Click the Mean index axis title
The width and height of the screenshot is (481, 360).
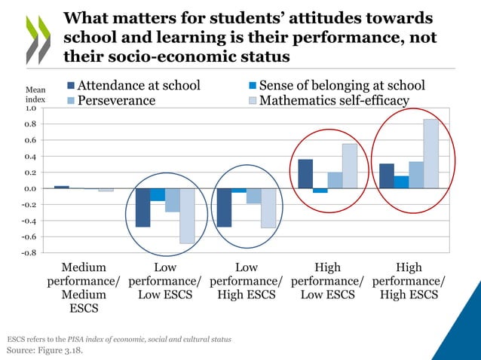point(35,95)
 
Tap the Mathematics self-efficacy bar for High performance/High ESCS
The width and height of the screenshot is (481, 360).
point(430,154)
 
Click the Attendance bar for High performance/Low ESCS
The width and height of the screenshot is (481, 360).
point(305,174)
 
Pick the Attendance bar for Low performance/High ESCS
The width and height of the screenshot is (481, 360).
point(224,207)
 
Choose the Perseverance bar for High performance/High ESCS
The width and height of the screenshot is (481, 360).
point(416,175)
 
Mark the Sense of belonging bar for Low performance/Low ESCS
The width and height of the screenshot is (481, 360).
point(158,194)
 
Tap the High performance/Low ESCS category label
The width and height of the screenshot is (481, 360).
point(327,281)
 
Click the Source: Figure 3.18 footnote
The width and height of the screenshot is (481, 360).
point(44,350)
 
